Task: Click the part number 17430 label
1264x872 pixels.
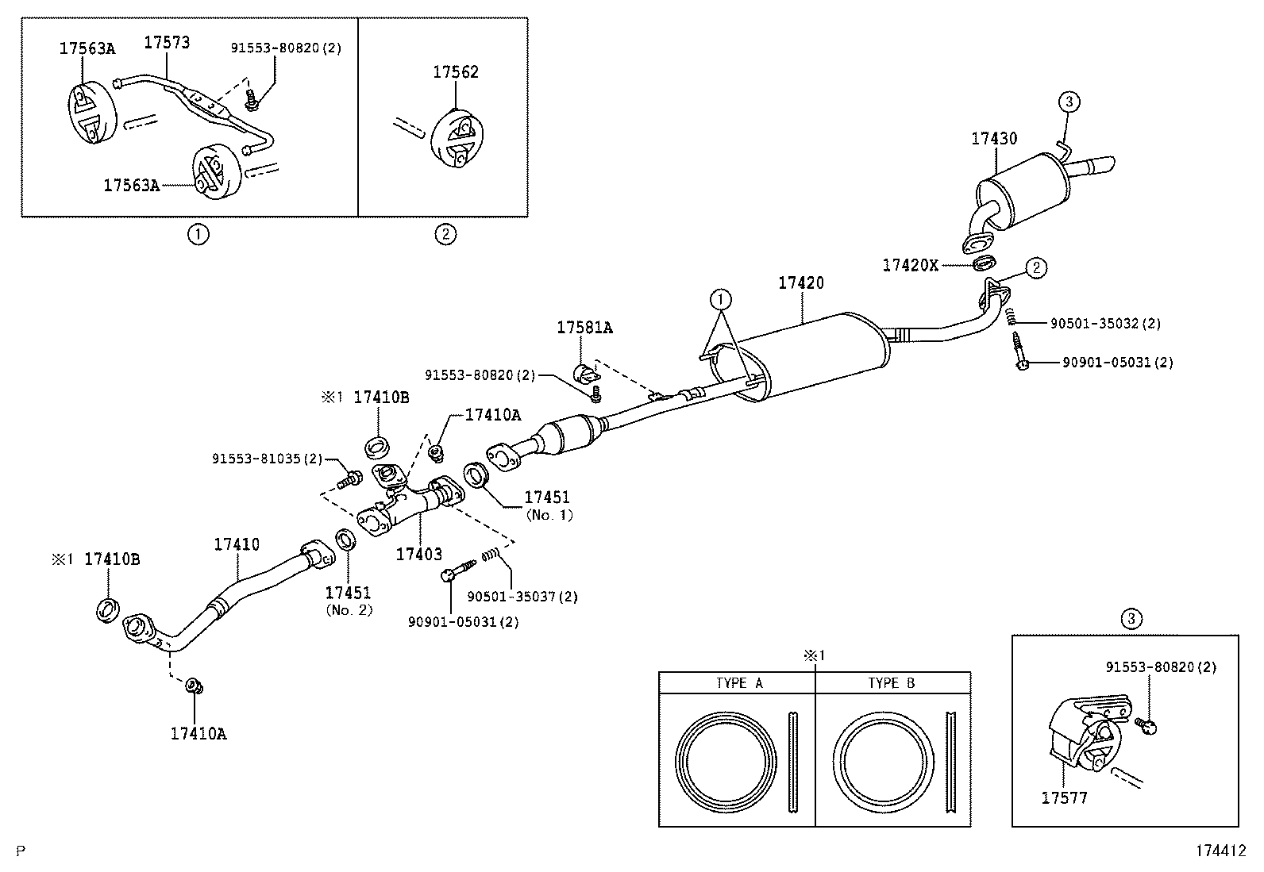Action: (993, 138)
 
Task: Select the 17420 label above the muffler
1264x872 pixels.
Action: (800, 282)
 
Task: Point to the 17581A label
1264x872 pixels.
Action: (584, 327)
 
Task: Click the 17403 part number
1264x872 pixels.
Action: (418, 554)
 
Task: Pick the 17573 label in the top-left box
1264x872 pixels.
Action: (167, 42)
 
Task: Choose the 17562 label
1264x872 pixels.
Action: (456, 72)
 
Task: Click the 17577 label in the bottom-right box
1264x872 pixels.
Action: (1064, 797)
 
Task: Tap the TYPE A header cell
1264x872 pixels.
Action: (738, 683)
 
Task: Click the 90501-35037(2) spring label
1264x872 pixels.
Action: (522, 597)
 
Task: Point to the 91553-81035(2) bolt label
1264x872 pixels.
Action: (268, 459)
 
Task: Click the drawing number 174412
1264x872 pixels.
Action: (1221, 851)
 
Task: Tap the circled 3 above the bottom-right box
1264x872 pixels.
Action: (1131, 618)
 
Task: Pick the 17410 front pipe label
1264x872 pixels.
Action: (236, 545)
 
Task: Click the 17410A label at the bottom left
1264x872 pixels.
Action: (198, 733)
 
